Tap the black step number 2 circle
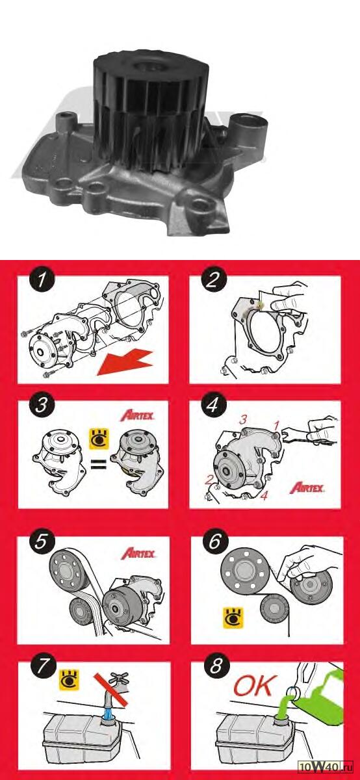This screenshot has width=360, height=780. click(213, 280)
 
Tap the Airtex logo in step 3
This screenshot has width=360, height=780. click(137, 416)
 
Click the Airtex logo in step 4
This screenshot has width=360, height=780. click(307, 488)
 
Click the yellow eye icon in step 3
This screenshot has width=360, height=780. click(99, 439)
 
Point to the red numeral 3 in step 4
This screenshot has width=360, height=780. click(243, 420)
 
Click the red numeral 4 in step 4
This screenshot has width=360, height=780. click(264, 496)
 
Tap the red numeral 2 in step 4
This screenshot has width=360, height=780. click(209, 480)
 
